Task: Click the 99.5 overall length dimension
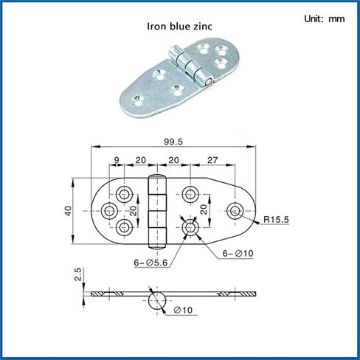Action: click(x=173, y=142)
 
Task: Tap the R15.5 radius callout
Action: click(x=276, y=219)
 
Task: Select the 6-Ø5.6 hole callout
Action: click(x=150, y=263)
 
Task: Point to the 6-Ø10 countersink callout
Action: click(x=238, y=253)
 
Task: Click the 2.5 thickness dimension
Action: click(x=78, y=274)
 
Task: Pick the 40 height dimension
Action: click(x=68, y=211)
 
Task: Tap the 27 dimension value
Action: click(x=212, y=160)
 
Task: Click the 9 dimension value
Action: click(x=117, y=160)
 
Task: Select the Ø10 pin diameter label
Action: click(x=183, y=310)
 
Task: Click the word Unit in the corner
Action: click(x=312, y=18)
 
